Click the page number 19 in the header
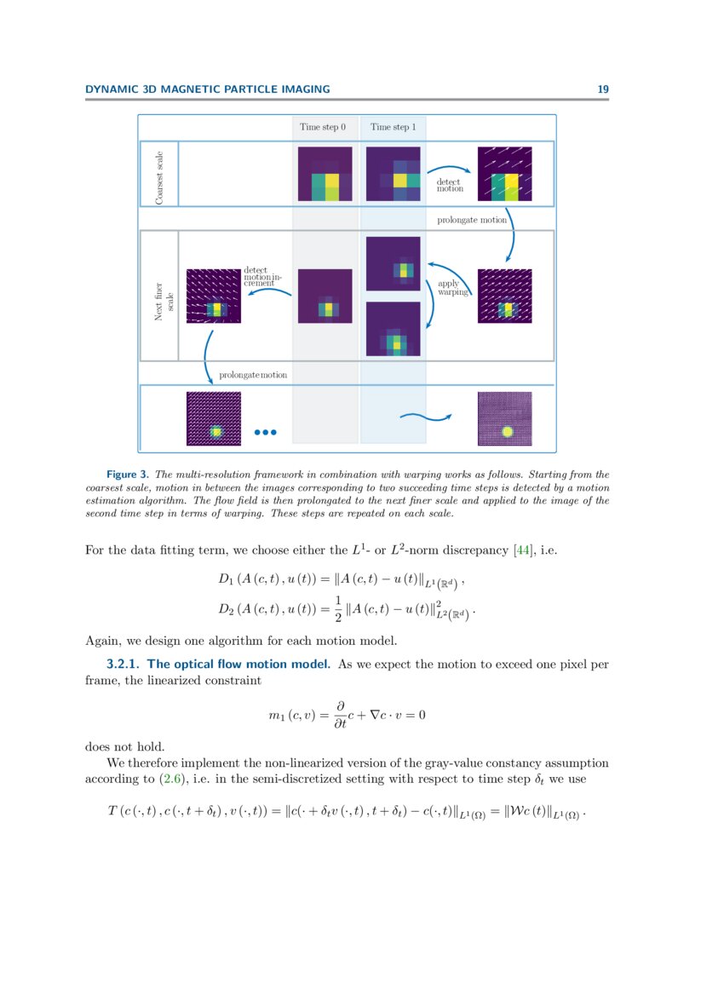click(x=603, y=89)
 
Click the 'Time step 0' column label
click(x=323, y=127)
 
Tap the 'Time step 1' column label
click(x=394, y=127)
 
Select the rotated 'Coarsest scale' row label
click(x=159, y=175)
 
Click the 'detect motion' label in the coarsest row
click(x=450, y=185)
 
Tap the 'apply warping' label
click(x=449, y=287)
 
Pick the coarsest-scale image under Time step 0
click(x=325, y=175)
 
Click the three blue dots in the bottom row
click(x=267, y=433)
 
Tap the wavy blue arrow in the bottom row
click(x=424, y=417)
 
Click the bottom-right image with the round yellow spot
click(x=505, y=418)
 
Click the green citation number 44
click(x=521, y=550)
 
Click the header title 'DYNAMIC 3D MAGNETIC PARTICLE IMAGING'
click(x=208, y=89)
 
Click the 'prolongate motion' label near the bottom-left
click(x=253, y=375)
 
